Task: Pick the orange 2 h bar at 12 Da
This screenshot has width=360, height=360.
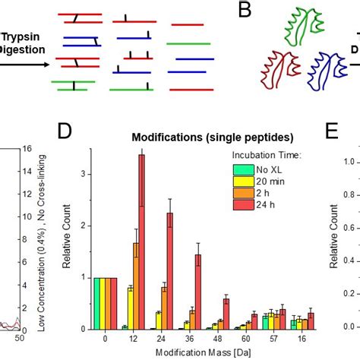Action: [x=135, y=286]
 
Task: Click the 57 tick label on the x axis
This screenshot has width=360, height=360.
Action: [x=281, y=341]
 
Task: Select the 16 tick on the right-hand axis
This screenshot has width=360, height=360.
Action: [x=26, y=149]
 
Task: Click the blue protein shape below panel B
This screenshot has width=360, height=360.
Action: [x=308, y=68]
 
